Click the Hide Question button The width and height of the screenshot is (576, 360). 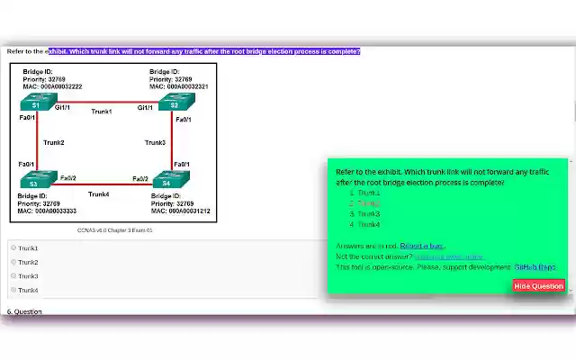coord(538,286)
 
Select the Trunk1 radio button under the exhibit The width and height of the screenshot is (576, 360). coord(13,247)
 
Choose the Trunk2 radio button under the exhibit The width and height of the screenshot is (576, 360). coord(13,262)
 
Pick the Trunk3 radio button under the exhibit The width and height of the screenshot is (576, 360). coord(13,276)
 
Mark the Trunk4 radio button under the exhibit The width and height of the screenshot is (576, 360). coord(13,290)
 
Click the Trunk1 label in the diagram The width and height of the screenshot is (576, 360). coord(102,112)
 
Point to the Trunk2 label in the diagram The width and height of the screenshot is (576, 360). coord(54,142)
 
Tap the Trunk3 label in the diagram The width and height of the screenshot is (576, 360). coord(155,142)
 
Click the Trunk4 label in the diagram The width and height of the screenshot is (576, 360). coord(99,193)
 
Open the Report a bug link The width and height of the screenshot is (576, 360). coord(422,246)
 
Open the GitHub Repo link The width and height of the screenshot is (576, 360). coord(535,266)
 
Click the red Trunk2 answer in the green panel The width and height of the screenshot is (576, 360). coord(368,203)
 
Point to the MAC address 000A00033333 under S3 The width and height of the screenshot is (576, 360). coord(47,211)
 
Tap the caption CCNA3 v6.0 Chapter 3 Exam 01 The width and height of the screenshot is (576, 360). coord(115,230)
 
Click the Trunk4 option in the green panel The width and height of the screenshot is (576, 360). coord(368,224)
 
